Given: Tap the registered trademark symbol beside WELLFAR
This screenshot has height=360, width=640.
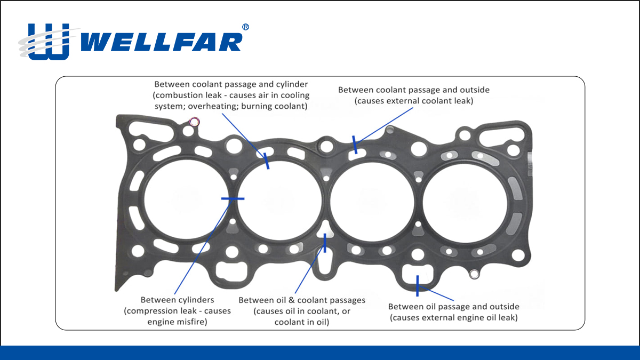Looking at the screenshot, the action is (x=245, y=27).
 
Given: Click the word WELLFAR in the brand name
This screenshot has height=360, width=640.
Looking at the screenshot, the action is (x=162, y=42).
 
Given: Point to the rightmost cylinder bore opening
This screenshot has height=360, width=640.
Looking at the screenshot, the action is (x=465, y=203).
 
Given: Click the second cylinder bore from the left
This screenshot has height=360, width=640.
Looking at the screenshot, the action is (x=279, y=201).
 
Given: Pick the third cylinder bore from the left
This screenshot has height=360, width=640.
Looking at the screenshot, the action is (x=372, y=202).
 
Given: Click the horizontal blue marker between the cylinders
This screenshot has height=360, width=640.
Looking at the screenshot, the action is (x=233, y=198).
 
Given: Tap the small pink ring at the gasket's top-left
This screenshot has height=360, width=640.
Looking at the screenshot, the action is (x=194, y=122).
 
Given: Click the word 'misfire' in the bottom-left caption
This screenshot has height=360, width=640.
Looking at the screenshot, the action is (x=191, y=322).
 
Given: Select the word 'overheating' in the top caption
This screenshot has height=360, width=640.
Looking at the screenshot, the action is (x=211, y=106).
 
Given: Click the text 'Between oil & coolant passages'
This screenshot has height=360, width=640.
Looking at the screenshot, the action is (x=302, y=300).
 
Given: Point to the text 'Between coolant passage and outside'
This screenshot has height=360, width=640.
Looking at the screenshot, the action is (x=414, y=90).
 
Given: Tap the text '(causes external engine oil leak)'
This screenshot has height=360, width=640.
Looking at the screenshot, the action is (x=454, y=318).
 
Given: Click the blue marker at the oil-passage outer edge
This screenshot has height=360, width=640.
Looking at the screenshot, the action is (x=418, y=286).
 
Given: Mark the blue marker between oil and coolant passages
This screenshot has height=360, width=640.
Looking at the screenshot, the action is (x=325, y=243).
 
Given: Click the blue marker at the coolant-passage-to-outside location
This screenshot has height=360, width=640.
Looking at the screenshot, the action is (x=355, y=145).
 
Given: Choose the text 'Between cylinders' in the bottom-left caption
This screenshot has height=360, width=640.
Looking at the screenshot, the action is (x=177, y=300).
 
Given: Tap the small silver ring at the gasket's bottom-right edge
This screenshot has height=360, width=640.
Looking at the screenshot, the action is (x=474, y=274).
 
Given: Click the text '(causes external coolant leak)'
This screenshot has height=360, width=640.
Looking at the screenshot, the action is (x=414, y=101).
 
